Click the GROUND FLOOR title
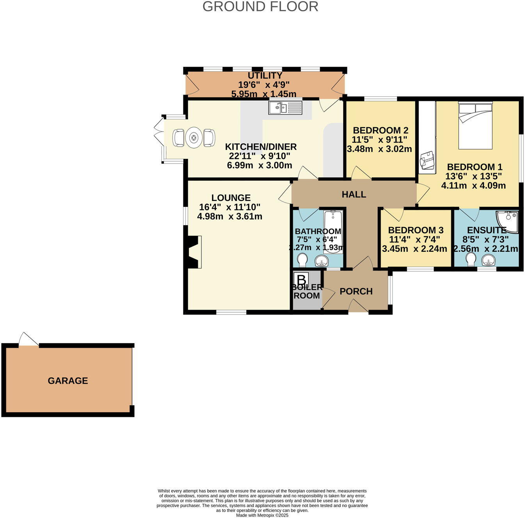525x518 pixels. tap(260, 7)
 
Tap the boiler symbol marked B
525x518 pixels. tap(301, 280)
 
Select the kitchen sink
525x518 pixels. tap(285, 107)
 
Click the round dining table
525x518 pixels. tap(194, 137)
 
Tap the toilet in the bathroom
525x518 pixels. tap(302, 260)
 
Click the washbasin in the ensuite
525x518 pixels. tap(488, 260)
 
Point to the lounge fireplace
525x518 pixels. tap(194, 252)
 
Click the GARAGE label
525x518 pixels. tap(68, 381)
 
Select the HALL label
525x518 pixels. tap(354, 194)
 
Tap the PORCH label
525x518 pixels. tap(356, 291)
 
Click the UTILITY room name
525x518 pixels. tap(265, 76)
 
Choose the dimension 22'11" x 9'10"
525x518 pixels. tap(260, 156)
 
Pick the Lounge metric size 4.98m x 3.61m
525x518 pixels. tap(230, 216)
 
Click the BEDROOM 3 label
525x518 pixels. tap(416, 230)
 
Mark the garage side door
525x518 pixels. tap(28, 340)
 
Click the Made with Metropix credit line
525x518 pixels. tap(262, 515)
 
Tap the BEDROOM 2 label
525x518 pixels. tap(381, 130)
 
